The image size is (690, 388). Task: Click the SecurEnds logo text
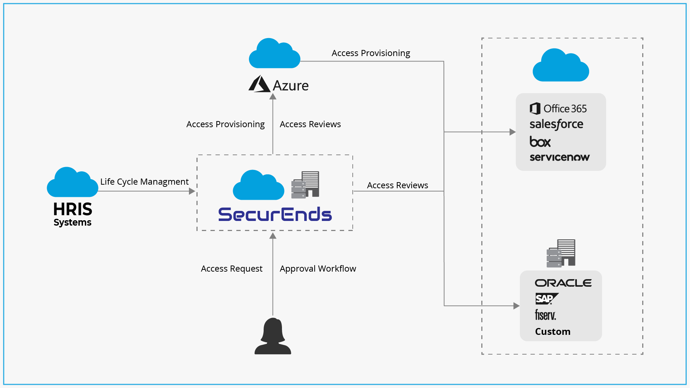[x=275, y=214]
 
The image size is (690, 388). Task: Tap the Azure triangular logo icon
[x=259, y=84]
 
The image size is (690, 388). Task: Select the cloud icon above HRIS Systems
[x=73, y=183]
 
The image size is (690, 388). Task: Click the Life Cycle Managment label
[x=144, y=182]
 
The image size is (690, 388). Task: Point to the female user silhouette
[x=273, y=336]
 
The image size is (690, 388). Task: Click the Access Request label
[x=232, y=269]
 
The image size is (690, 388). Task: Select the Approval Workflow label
[x=318, y=269]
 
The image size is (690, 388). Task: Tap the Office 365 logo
[x=558, y=108]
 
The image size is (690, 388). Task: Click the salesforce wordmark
[x=556, y=124]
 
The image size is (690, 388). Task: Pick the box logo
[x=540, y=142]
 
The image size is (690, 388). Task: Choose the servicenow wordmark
[x=559, y=157]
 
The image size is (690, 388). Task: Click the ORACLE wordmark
[x=563, y=283]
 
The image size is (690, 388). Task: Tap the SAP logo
[x=546, y=299]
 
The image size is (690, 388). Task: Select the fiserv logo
[x=545, y=315]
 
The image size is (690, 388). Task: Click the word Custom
[x=552, y=332]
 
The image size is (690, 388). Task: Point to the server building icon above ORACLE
[x=561, y=253]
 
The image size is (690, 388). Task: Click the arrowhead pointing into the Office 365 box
[x=513, y=132]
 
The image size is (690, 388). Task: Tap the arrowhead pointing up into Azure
[x=273, y=96]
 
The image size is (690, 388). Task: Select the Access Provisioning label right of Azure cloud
[x=371, y=53]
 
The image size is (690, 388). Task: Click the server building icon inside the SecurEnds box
[x=305, y=185]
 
